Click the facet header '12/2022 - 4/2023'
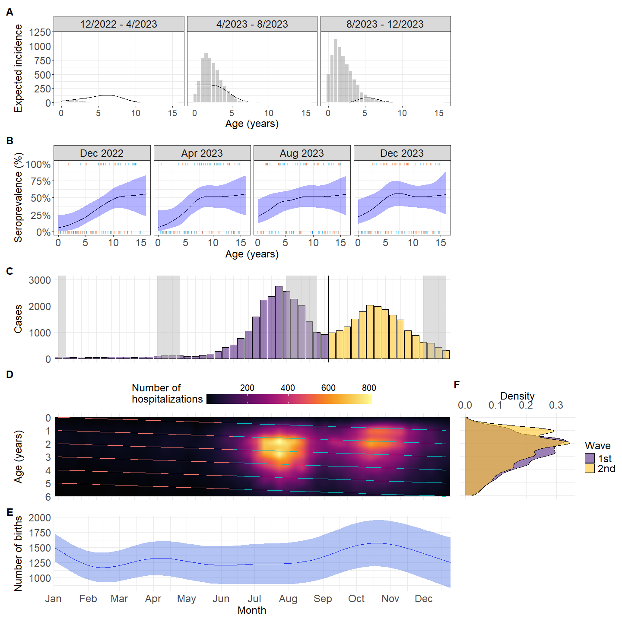(x=119, y=24)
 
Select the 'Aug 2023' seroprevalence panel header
(x=301, y=153)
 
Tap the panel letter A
(x=10, y=13)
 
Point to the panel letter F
(x=457, y=384)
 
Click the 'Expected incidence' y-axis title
(x=18, y=68)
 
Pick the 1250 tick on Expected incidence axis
(x=40, y=32)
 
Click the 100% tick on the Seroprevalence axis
(x=38, y=165)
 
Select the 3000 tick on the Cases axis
(x=40, y=280)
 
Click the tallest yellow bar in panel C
(x=370, y=332)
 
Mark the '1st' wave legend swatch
(x=590, y=458)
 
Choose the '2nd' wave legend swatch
(x=590, y=469)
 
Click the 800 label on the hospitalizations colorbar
(x=369, y=388)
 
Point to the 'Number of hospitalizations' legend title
(x=167, y=394)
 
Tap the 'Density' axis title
(x=517, y=396)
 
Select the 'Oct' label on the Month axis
(x=356, y=599)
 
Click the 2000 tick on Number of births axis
(x=40, y=518)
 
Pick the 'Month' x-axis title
(x=252, y=610)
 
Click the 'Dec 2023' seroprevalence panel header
(x=402, y=153)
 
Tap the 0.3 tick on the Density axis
(x=556, y=405)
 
